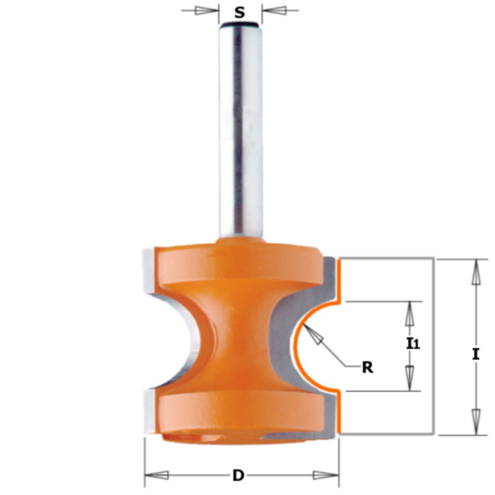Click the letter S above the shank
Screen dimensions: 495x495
pos(240,12)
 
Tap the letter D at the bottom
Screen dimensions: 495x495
pos(239,476)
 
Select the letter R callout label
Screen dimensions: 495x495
pos(367,368)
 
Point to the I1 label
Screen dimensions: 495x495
pos(413,344)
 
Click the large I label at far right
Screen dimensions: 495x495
pos(475,354)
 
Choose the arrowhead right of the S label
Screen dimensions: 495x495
pos(275,10)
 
